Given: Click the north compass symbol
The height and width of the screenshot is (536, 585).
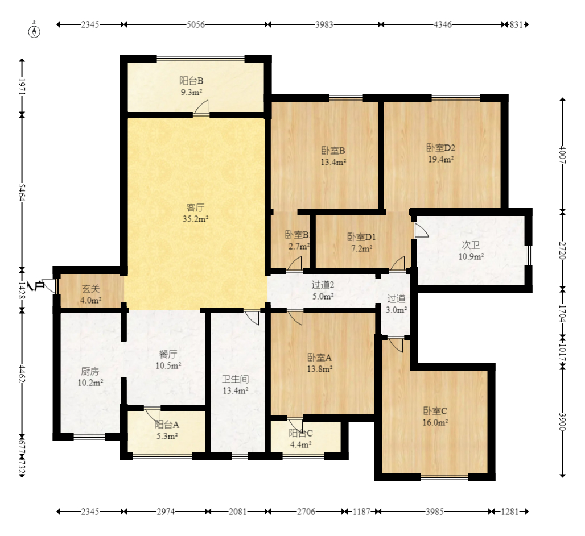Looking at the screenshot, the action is tap(34, 31).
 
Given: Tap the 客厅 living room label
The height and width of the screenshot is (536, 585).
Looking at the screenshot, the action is tap(195, 207).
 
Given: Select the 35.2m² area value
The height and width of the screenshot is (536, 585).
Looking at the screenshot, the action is tap(195, 219).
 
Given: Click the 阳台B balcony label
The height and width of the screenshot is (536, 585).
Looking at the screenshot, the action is tap(191, 81).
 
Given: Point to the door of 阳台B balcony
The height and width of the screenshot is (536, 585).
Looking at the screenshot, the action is tap(201, 108).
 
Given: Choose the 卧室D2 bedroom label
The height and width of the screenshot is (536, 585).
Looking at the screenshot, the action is tap(440, 148).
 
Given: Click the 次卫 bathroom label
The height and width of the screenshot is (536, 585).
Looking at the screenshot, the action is tap(471, 245).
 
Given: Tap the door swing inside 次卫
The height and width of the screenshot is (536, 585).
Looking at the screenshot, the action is tap(421, 230).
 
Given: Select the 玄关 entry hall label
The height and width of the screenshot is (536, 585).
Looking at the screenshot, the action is tap(90, 289).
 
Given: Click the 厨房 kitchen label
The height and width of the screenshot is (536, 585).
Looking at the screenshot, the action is tap(90, 371).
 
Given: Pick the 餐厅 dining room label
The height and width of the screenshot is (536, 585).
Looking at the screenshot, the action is tap(168, 354).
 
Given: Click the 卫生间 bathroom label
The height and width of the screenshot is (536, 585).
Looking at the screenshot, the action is tap(235, 380).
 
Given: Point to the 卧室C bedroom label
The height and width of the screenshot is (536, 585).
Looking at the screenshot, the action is tap(435, 411).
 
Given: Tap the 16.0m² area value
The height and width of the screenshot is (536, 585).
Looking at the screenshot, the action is tap(435, 423).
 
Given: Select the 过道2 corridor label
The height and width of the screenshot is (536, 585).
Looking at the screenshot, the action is tap(323, 285).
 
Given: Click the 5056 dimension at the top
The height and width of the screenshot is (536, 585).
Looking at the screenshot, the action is tap(196, 24).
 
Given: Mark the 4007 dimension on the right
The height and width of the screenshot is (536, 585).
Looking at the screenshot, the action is tap(563, 155).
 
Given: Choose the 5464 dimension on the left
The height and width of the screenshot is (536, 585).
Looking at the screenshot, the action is tap(22, 192).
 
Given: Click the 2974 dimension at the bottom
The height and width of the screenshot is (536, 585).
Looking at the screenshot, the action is tap(166, 512).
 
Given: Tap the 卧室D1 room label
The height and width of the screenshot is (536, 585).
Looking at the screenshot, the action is tap(361, 236).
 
